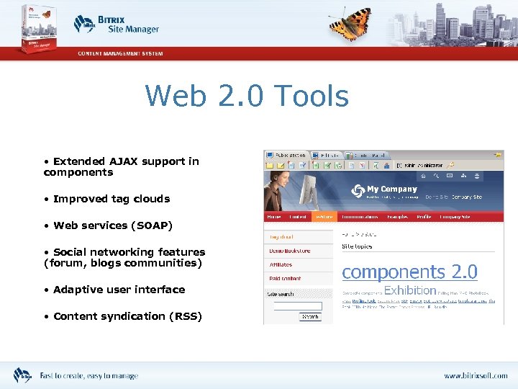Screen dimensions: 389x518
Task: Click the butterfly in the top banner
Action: [350, 23]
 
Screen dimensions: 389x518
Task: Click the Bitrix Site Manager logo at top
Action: [117, 24]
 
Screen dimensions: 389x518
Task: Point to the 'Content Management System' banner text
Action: [120, 53]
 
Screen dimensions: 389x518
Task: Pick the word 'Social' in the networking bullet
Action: [69, 252]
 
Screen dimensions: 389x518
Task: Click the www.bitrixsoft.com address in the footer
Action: [475, 376]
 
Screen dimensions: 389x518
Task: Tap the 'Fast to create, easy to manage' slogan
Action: [88, 376]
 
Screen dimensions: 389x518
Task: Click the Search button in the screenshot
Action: [310, 316]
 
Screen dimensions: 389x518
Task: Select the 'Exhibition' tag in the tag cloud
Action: [410, 290]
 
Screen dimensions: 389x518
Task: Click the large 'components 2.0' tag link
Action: [409, 272]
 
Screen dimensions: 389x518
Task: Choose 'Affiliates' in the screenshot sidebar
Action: [281, 264]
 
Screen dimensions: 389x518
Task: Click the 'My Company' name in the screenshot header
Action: [392, 189]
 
